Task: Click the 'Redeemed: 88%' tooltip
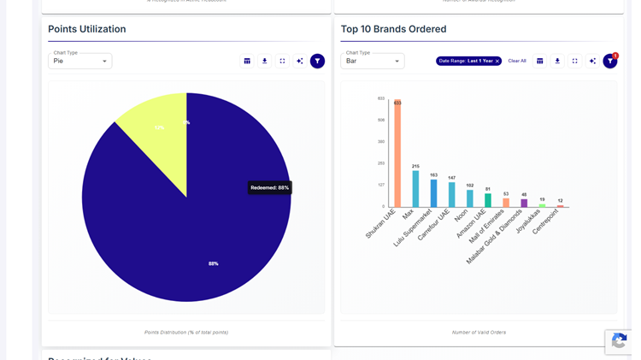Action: click(x=270, y=187)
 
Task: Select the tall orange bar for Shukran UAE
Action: click(x=397, y=154)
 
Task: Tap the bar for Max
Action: click(x=415, y=189)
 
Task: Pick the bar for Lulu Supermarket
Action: click(x=433, y=193)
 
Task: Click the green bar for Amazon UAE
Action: click(x=488, y=200)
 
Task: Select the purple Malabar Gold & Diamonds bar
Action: click(x=524, y=204)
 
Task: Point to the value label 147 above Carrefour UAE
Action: click(x=451, y=178)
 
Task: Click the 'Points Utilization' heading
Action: click(x=87, y=29)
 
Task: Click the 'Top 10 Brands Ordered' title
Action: click(x=393, y=29)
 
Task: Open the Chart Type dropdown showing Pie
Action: click(x=80, y=62)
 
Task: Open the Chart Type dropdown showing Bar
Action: click(x=373, y=62)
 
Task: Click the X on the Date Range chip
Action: click(x=497, y=62)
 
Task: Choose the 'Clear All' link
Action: click(x=517, y=62)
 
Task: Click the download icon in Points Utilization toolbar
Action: click(x=265, y=62)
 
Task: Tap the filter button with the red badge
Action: click(x=609, y=62)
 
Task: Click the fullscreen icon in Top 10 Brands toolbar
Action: click(x=575, y=62)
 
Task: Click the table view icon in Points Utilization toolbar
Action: click(x=247, y=62)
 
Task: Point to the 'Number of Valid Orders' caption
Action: click(x=479, y=332)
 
